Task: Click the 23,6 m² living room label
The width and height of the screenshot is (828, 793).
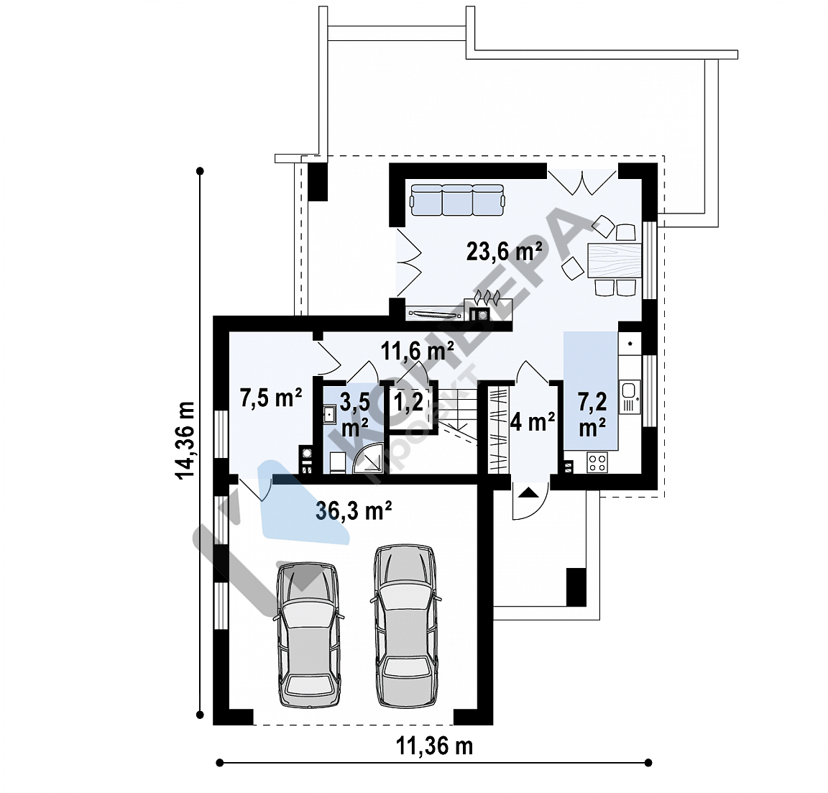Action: [505, 252]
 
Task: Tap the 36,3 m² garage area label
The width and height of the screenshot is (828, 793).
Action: [354, 511]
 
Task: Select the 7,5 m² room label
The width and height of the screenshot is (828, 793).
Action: [271, 398]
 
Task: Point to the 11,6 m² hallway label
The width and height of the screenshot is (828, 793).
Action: [417, 351]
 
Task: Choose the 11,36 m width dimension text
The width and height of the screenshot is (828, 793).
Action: [434, 746]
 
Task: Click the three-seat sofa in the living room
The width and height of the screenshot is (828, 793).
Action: [457, 200]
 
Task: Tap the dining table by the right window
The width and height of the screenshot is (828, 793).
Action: [615, 260]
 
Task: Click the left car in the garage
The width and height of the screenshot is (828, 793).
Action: [308, 634]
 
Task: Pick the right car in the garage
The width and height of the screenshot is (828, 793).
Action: [407, 626]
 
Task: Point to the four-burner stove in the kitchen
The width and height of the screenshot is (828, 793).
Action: [597, 463]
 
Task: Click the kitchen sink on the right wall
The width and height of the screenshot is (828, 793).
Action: [630, 396]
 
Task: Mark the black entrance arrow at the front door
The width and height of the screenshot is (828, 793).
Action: [530, 492]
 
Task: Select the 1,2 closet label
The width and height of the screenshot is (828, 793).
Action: [409, 402]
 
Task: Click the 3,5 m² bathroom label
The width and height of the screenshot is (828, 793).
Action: [355, 415]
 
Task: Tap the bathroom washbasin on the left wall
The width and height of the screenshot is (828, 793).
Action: [329, 413]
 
